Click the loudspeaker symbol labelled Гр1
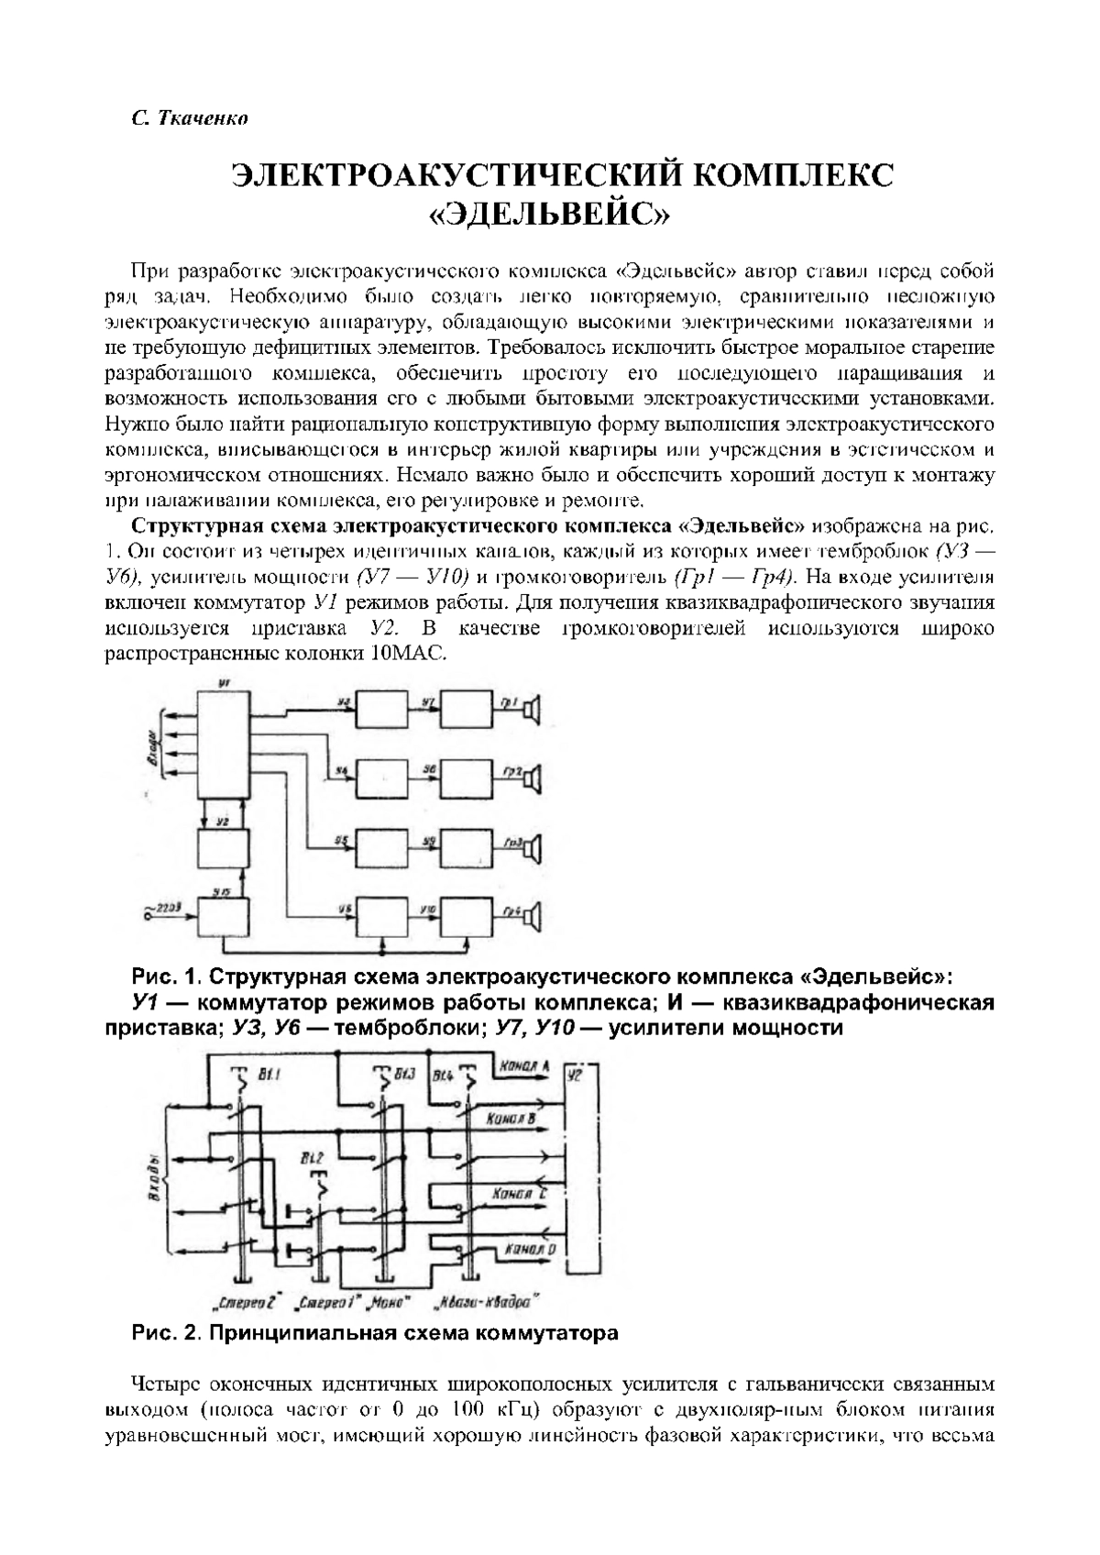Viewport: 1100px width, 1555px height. (x=534, y=710)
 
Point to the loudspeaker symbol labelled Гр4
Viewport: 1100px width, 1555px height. (x=534, y=915)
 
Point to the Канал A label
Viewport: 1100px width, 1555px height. (x=522, y=1067)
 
